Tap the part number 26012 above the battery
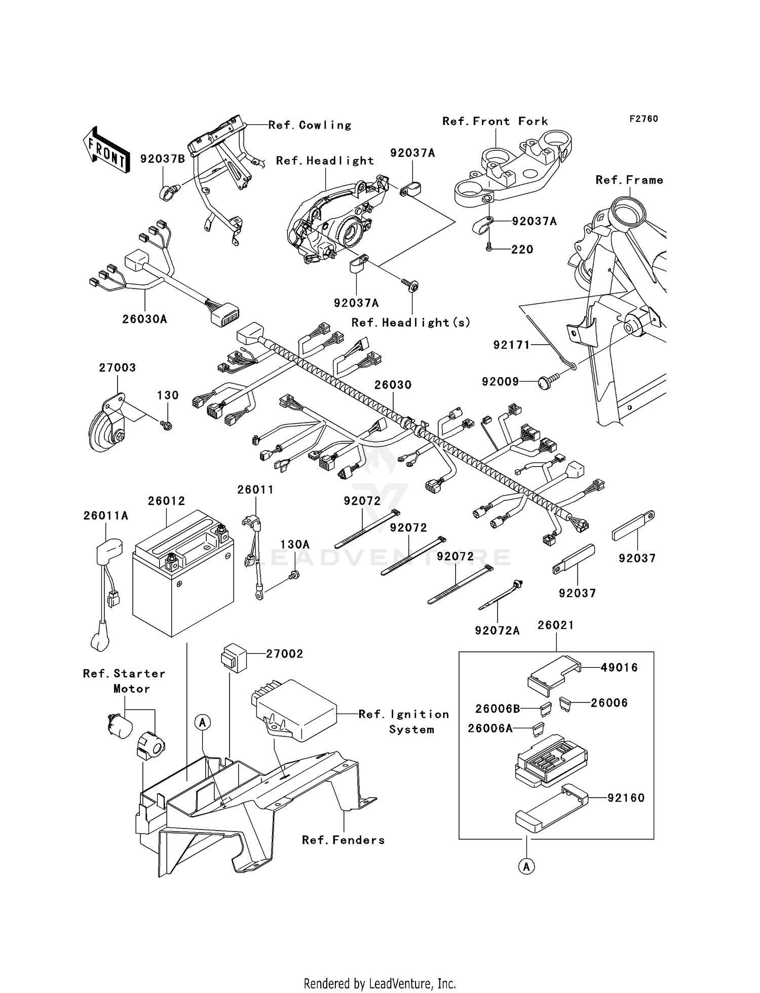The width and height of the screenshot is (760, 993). pyautogui.click(x=166, y=501)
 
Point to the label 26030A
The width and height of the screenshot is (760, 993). pyautogui.click(x=144, y=319)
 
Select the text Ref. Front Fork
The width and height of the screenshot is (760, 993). pyautogui.click(x=495, y=121)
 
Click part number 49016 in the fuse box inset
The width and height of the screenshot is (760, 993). pyautogui.click(x=619, y=668)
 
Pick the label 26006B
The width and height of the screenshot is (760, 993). pyautogui.click(x=497, y=709)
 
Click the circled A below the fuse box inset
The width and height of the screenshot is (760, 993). pyautogui.click(x=526, y=866)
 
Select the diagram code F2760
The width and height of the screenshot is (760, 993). pyautogui.click(x=643, y=119)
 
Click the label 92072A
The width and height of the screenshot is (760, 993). pyautogui.click(x=497, y=631)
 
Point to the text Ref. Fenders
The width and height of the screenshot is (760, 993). pyautogui.click(x=343, y=840)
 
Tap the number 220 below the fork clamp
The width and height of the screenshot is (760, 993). pyautogui.click(x=522, y=250)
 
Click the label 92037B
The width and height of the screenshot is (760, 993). pyautogui.click(x=163, y=158)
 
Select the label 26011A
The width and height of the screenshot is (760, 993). pyautogui.click(x=106, y=516)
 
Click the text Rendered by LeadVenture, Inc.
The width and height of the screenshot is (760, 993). pyautogui.click(x=379, y=983)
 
